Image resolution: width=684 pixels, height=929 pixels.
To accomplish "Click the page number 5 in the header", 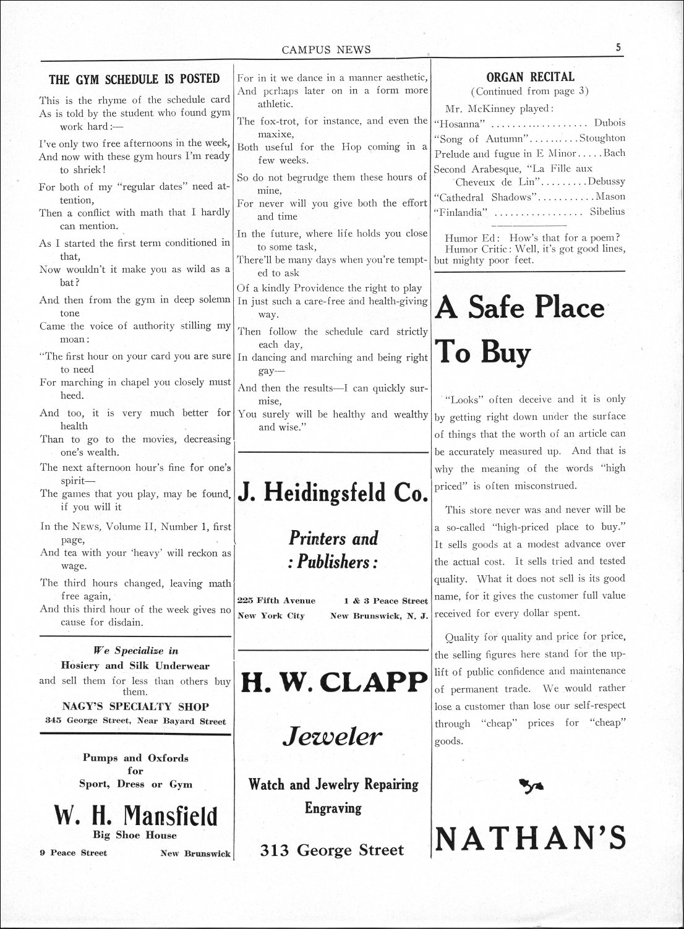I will (x=618, y=47).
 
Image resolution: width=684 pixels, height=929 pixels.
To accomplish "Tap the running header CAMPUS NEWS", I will (x=326, y=50).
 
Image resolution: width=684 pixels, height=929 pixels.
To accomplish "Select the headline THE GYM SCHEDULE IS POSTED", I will (x=134, y=79).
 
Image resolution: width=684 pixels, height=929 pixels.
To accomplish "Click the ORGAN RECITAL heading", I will (x=530, y=77).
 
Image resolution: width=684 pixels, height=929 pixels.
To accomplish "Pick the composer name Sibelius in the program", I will (x=607, y=212).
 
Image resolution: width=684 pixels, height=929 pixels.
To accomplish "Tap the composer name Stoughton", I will (x=602, y=138).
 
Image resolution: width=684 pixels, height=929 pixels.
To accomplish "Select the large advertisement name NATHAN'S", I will (x=531, y=839).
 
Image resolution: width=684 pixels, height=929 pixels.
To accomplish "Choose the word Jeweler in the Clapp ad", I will (x=333, y=737).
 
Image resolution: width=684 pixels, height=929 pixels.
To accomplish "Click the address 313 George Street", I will (x=332, y=851).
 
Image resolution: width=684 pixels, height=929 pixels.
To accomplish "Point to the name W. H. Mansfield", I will (x=135, y=815).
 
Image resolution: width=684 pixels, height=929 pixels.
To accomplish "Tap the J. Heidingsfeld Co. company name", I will (x=333, y=492).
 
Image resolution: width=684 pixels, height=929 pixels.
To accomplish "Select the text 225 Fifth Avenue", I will (x=276, y=601).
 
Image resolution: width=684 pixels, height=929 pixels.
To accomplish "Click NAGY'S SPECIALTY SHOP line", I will (x=135, y=706).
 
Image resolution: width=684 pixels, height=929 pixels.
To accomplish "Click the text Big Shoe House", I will (x=135, y=835).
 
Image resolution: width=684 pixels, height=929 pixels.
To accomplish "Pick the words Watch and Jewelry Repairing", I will (x=333, y=785).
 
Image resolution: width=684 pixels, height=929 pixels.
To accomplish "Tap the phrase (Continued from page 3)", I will (x=529, y=92).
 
